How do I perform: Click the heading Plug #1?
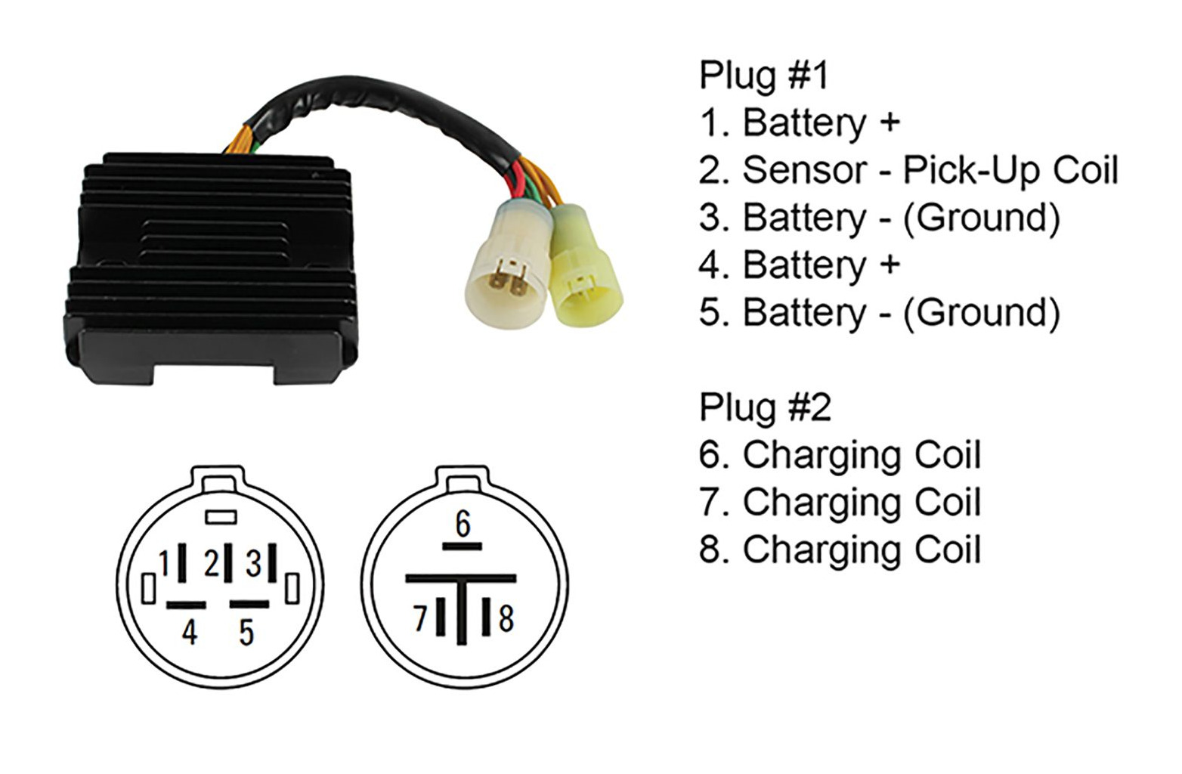(763, 76)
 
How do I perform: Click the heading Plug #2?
(765, 407)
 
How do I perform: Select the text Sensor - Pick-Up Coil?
(931, 170)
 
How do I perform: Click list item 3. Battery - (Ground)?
(880, 218)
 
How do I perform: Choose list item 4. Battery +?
(800, 265)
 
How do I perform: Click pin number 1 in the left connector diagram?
(165, 563)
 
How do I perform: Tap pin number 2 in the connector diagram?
(212, 563)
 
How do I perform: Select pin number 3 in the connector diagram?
(254, 563)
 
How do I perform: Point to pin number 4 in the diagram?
(190, 632)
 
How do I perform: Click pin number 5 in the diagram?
(246, 632)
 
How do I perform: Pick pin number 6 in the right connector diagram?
(463, 524)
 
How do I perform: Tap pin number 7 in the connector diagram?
(420, 618)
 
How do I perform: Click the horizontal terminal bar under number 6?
(462, 546)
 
